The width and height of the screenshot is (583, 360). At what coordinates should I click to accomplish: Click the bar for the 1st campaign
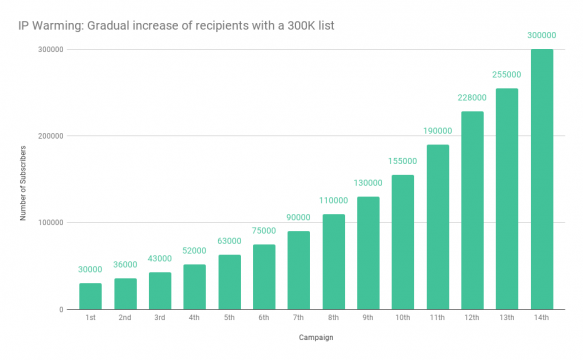[x=90, y=296]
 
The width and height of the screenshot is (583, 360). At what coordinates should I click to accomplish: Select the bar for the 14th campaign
[x=541, y=180]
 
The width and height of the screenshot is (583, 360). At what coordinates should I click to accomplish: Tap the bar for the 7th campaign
[x=298, y=270]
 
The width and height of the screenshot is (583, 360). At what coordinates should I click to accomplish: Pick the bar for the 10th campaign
[x=402, y=242]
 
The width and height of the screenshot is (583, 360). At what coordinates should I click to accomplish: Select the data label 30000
[x=90, y=270]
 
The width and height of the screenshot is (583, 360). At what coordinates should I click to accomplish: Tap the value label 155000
[x=402, y=162]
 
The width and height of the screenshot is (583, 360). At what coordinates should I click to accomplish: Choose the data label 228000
[x=472, y=98]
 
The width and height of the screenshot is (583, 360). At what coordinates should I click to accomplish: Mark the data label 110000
[x=333, y=201]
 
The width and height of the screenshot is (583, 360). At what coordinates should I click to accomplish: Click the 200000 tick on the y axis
[x=51, y=136]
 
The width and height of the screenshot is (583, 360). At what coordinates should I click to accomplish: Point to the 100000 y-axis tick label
[x=51, y=223]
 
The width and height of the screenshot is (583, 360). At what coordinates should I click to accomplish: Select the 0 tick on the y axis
[x=63, y=310]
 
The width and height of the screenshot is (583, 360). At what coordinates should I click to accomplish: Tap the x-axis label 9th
[x=367, y=319]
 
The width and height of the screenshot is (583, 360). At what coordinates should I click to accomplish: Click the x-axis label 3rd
[x=159, y=319]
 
